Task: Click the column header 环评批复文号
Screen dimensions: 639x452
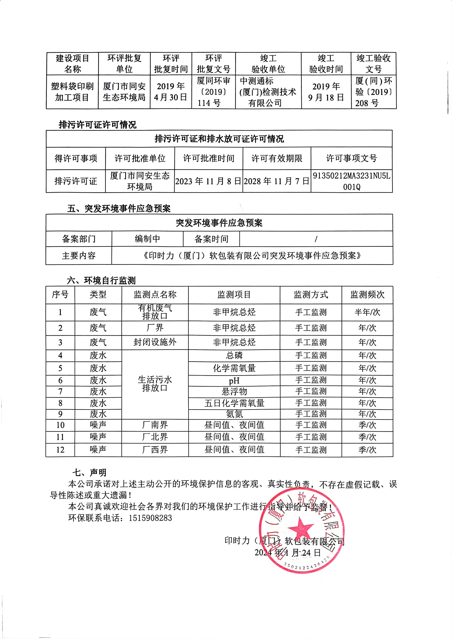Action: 214,64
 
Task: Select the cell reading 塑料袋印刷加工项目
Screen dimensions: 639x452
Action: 72,92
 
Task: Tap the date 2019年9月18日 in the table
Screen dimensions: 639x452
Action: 326,92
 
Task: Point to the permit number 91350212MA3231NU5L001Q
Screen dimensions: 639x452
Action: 352,181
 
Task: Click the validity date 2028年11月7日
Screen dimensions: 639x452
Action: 277,181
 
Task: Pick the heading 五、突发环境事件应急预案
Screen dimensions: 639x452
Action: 119,209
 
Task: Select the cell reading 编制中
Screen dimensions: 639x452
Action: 147,239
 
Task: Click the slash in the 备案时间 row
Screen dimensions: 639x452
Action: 316,239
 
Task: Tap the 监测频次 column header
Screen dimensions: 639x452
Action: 367,295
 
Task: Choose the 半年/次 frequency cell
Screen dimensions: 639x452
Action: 367,312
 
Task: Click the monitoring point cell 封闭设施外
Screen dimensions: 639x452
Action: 155,342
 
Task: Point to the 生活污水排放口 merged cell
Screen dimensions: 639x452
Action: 155,384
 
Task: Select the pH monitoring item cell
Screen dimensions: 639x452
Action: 234,381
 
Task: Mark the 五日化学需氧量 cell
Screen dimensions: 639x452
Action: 234,403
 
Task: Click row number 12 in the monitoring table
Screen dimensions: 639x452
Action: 60,450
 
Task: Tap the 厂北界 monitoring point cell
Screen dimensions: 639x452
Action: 155,437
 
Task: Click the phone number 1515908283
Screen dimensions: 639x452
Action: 150,518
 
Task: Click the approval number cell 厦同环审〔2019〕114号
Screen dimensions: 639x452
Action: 214,92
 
